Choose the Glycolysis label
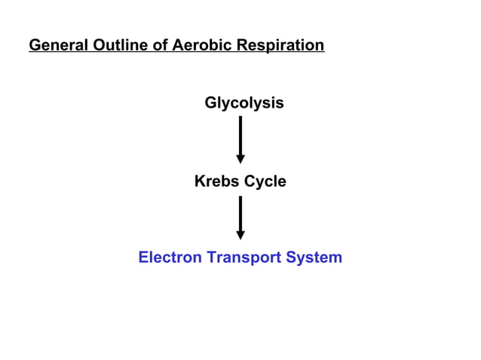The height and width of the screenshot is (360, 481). coord(244,103)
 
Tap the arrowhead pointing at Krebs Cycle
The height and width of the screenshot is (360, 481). coord(240,159)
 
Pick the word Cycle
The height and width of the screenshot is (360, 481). coord(264,182)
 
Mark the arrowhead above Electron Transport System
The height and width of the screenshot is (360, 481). coord(240,236)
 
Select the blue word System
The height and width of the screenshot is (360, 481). coord(315,258)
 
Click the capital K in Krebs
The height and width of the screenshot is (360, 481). coord(200,182)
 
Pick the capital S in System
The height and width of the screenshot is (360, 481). coord(292,258)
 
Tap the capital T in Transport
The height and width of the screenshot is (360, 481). coord(211,258)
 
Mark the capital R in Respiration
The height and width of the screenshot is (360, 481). coord(241,46)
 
